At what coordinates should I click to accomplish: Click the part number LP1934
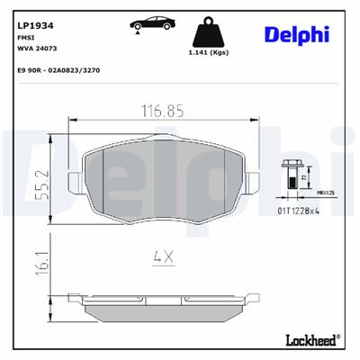pos(30,13)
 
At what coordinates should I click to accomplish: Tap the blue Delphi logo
pos(296,33)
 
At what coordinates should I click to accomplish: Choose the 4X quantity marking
pos(162,255)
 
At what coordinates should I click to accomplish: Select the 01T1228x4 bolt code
pos(298,211)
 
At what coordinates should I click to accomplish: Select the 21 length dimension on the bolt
pos(304,178)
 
